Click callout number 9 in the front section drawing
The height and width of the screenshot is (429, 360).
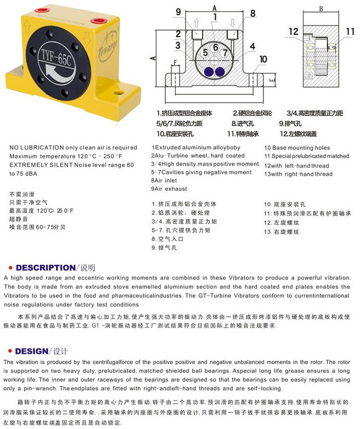(179, 13)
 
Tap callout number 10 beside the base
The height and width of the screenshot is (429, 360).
(263, 59)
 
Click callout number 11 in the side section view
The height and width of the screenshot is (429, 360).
(350, 32)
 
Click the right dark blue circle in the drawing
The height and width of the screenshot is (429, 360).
(221, 72)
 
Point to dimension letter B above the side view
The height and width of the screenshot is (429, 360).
(320, 8)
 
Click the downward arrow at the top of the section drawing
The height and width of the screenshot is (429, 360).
(233, 23)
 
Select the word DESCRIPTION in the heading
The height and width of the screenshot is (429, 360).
(44, 268)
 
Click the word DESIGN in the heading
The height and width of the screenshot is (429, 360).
(31, 351)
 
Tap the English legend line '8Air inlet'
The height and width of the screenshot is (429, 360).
(165, 180)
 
